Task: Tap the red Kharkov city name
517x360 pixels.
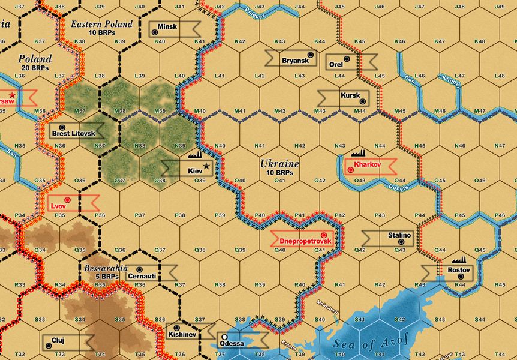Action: pyautogui.click(x=366, y=164)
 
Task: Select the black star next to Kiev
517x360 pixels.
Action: pyautogui.click(x=207, y=166)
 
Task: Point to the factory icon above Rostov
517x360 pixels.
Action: pyautogui.click(x=459, y=262)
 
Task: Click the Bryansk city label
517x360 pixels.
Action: pyautogui.click(x=295, y=60)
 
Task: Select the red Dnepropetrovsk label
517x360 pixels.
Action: pyautogui.click(x=299, y=241)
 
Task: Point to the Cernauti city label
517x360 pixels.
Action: pyautogui.click(x=142, y=276)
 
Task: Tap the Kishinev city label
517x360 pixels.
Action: pyautogui.click(x=180, y=334)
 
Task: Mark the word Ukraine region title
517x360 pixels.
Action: pyautogui.click(x=279, y=163)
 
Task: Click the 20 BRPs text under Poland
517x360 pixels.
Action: pyautogui.click(x=35, y=68)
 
